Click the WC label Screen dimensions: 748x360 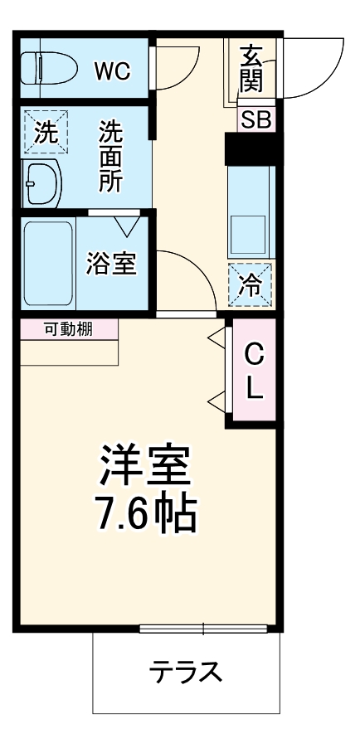pos(111,70)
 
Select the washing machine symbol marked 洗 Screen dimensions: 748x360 pos(42,133)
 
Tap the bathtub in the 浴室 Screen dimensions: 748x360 pos(48,262)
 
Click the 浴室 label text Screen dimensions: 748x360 pos(111,263)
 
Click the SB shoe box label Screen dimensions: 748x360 pos(255,119)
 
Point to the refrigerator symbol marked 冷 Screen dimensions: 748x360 pos(250,284)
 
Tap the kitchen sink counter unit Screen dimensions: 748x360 pos(250,211)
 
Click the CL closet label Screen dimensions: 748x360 pos(254,371)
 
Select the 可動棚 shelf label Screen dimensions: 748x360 pos(68,329)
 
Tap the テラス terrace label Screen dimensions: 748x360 pos(186,670)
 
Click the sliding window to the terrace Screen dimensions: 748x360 pos(203,627)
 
